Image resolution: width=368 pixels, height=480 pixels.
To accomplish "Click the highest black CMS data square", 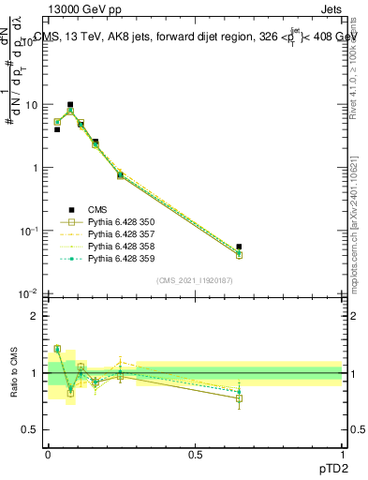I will pyautogui.click(x=70, y=105).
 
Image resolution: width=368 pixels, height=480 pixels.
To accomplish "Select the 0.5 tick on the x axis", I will pyautogui.click(x=195, y=454).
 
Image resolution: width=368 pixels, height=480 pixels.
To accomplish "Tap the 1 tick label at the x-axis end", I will pyautogui.click(x=342, y=454).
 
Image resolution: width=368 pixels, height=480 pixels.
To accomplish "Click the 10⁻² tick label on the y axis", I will pyautogui.click(x=29, y=294).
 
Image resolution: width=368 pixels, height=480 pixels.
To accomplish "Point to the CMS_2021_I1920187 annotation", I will pyautogui.click(x=195, y=280).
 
